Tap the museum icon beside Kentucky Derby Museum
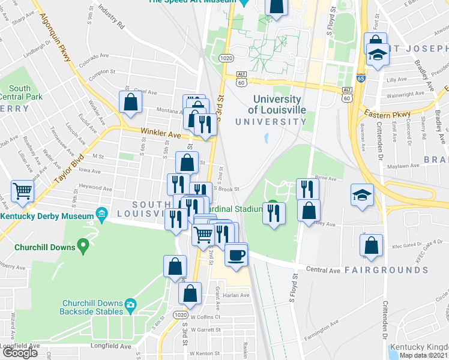[x=101, y=214]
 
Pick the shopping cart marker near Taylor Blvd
[x=23, y=191]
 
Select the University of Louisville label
[x=277, y=105]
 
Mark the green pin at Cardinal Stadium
[x=273, y=203]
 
